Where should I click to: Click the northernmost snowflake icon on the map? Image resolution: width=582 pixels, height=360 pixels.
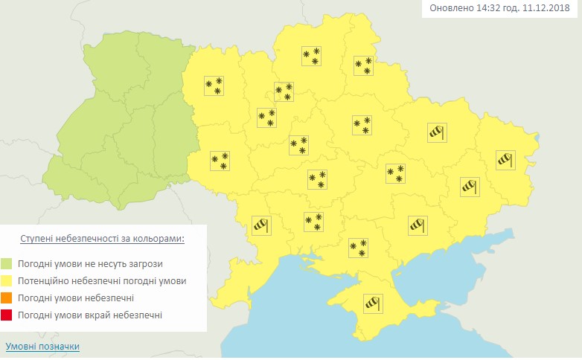[x=311, y=56]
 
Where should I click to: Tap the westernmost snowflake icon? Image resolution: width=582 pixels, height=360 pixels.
[x=214, y=86]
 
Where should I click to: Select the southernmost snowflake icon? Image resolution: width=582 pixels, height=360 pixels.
[x=359, y=248]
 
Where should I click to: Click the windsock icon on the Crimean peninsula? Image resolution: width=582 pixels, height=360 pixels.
[x=371, y=303]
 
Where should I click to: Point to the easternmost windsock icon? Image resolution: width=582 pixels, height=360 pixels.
[x=506, y=158]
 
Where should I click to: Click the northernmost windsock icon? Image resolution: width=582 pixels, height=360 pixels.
[x=437, y=132]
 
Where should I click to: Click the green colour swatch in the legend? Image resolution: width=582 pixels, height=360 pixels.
[x=7, y=263]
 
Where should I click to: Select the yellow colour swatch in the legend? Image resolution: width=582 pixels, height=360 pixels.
[x=7, y=281]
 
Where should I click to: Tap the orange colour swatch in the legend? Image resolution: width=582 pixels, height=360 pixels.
[x=7, y=298]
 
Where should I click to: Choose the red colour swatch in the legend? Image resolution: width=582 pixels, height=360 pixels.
[x=7, y=316]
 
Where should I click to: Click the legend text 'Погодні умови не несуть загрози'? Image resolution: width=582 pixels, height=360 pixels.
[x=92, y=263]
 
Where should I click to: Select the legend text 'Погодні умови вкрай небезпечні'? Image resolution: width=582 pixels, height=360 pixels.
[x=92, y=316]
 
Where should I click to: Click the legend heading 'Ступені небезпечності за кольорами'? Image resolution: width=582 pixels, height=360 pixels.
[x=102, y=239]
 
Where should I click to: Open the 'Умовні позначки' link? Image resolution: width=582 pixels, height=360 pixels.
[x=42, y=347]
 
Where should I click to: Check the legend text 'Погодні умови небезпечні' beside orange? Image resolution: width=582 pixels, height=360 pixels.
[x=77, y=298]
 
